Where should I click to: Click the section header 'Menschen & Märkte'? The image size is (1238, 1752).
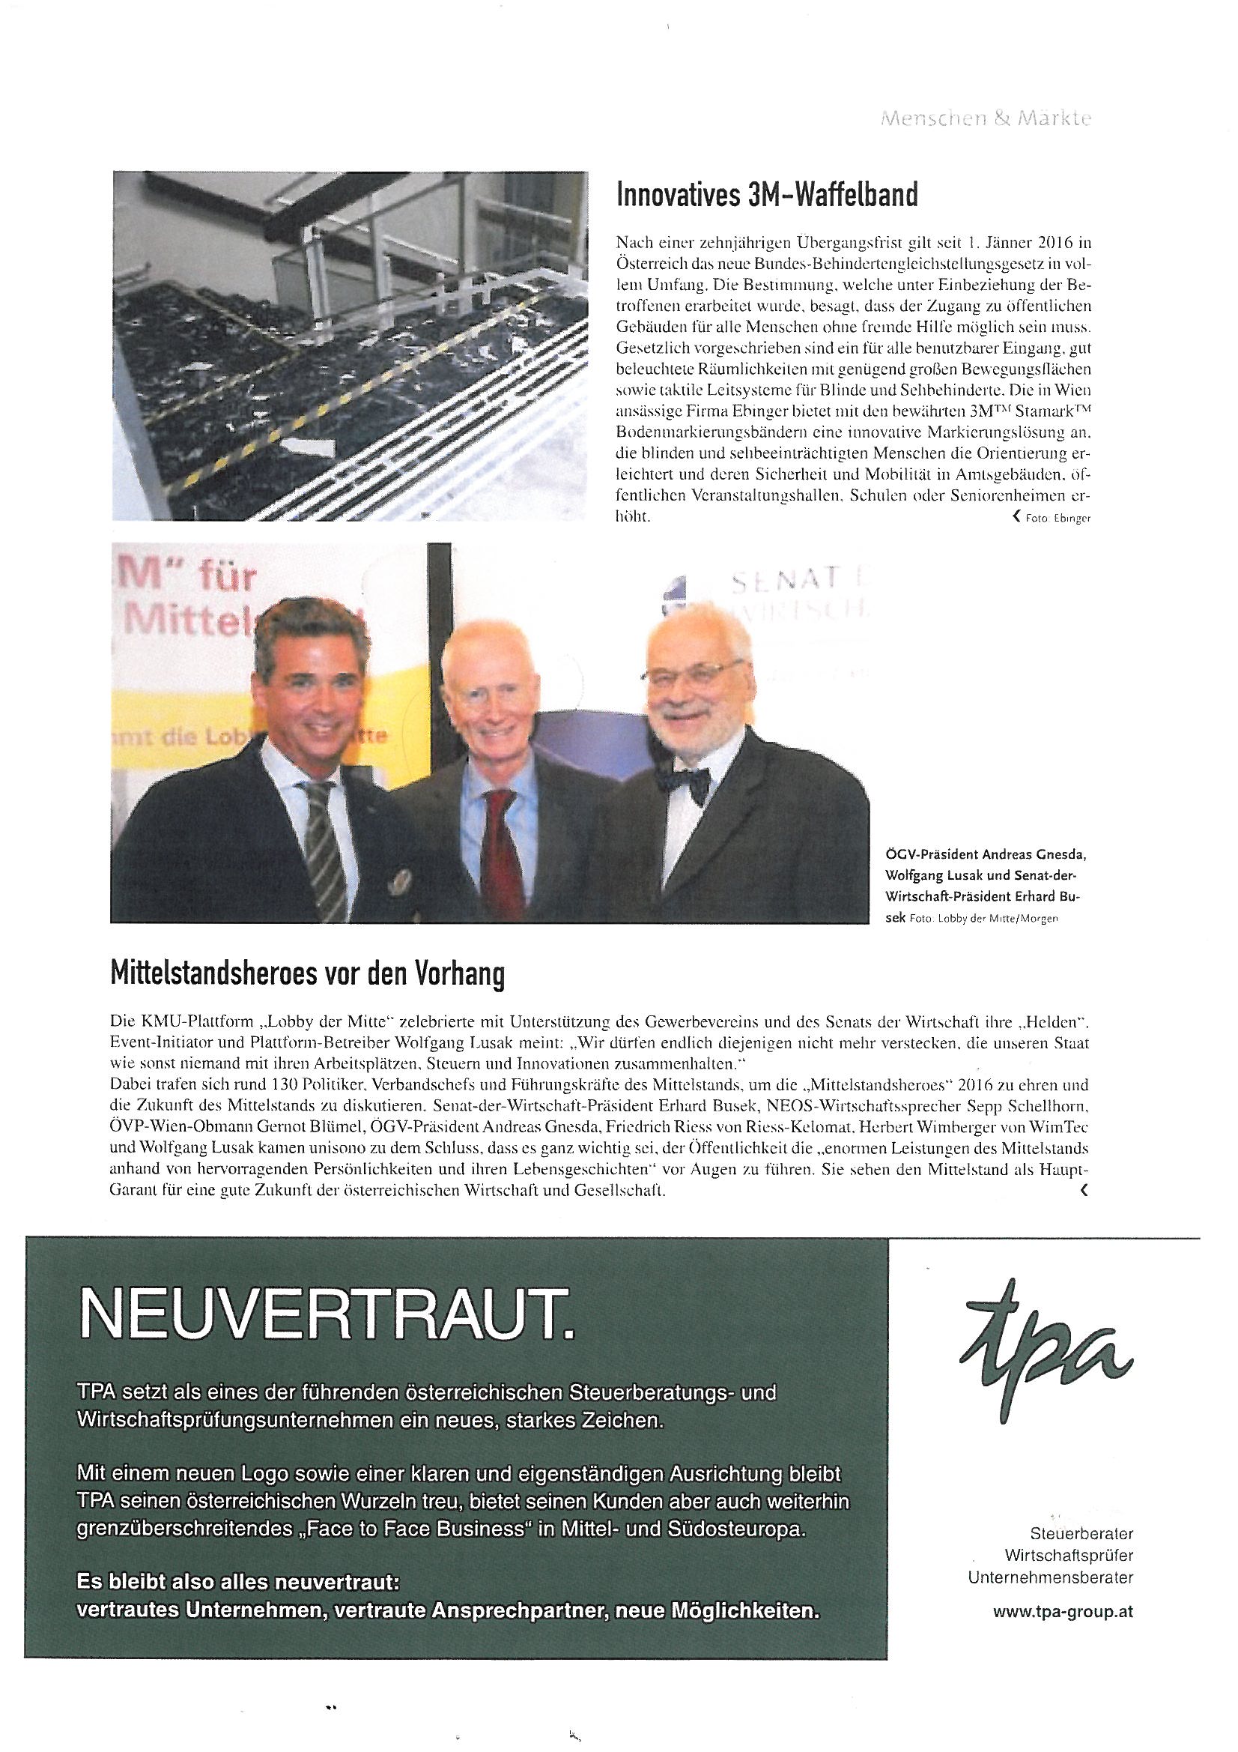[x=986, y=120]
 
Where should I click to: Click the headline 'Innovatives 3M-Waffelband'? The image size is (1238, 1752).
[x=767, y=197]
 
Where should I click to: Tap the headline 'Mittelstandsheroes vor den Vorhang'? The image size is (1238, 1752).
[x=307, y=975]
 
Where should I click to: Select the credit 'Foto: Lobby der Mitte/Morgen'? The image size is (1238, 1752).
[x=983, y=919]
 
